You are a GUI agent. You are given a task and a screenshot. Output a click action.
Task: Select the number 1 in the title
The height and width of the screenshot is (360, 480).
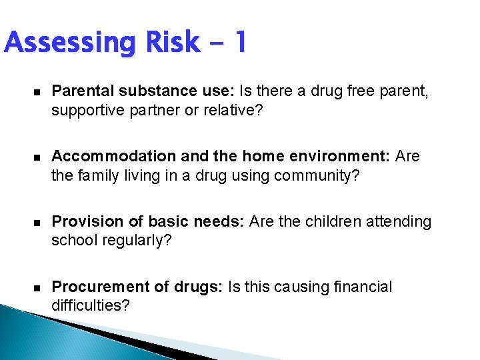click(239, 43)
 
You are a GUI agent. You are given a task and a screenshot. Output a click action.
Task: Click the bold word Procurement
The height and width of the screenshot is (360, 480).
click(93, 287)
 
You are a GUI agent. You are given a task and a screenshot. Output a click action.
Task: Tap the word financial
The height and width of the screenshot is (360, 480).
click(361, 287)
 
